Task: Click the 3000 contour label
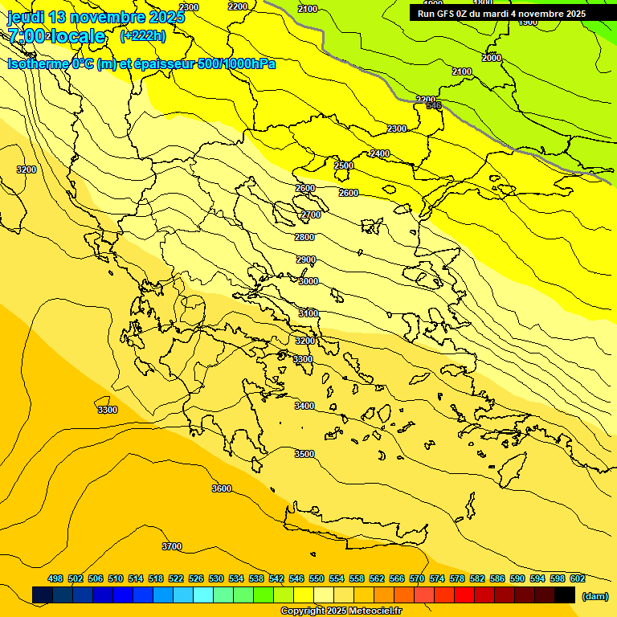(x=308, y=281)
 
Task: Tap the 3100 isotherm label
(x=308, y=313)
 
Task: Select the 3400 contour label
(x=304, y=406)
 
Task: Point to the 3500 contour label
(x=304, y=454)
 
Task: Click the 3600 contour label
(x=222, y=488)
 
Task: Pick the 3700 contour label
(x=172, y=546)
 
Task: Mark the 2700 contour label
(x=311, y=215)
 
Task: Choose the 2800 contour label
(x=304, y=237)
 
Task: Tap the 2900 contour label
(x=306, y=259)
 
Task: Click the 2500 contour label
(x=344, y=165)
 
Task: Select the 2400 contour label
(x=380, y=153)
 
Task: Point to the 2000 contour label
(x=492, y=58)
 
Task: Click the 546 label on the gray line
(x=434, y=106)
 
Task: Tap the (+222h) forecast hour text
(x=143, y=35)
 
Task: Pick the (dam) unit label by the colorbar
(x=595, y=595)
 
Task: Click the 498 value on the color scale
(x=55, y=578)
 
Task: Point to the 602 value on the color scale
(x=578, y=578)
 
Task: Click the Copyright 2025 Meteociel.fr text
(x=341, y=611)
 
